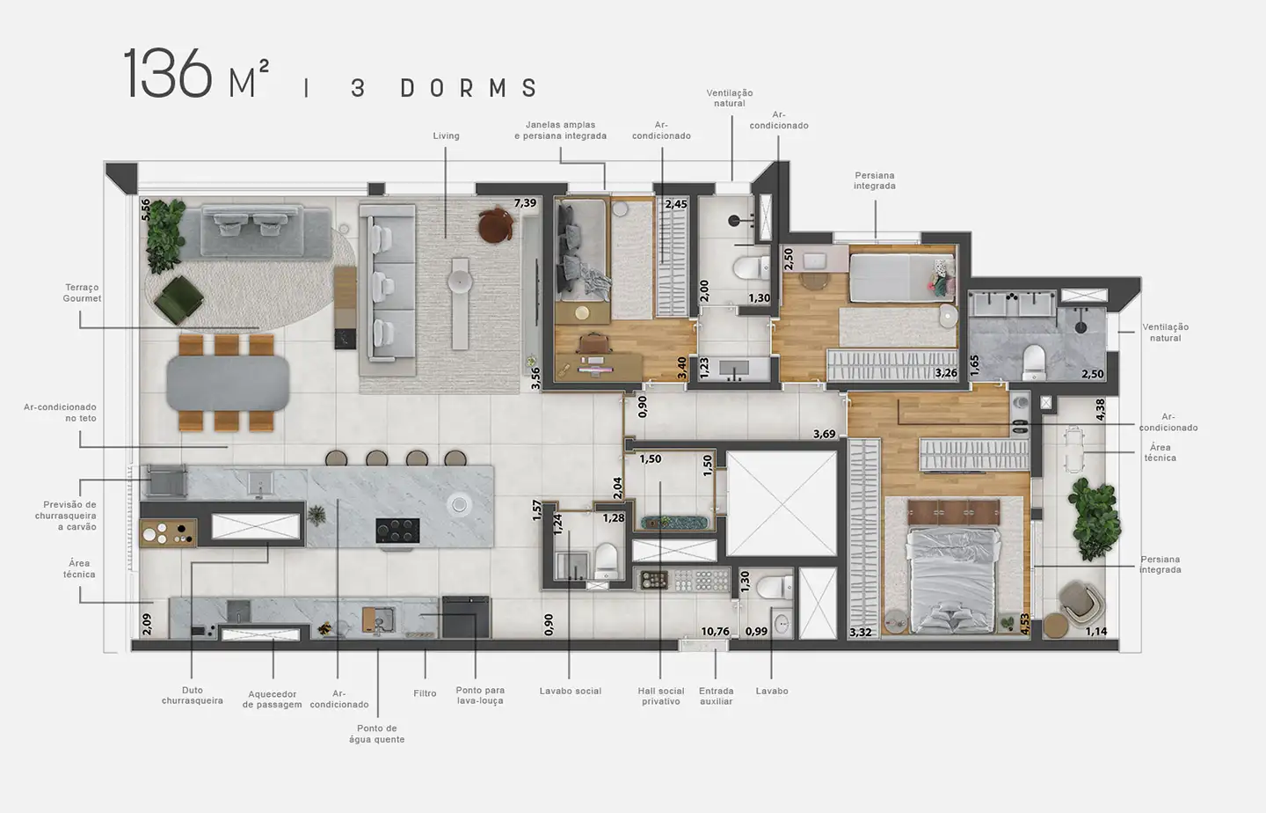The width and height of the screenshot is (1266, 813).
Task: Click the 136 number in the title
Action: point(168,74)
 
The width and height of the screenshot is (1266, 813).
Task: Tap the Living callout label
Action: point(446,136)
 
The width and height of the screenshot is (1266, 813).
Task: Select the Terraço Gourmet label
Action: point(82,293)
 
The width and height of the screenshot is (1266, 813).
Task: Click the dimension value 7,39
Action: point(525,203)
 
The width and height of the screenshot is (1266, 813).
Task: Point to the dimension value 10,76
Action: point(715,631)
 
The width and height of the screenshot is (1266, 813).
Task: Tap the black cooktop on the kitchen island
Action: point(397,530)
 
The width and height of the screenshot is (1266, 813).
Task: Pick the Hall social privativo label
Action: point(661,696)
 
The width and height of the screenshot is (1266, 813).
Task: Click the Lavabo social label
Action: point(571,692)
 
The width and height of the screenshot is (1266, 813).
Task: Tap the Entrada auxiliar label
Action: point(716,696)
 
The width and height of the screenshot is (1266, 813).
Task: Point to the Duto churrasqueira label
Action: point(193,696)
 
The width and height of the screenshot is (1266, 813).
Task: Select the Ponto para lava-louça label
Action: point(480,696)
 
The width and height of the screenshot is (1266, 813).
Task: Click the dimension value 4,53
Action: point(1024,623)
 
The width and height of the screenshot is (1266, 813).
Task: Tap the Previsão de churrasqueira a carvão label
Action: point(66,516)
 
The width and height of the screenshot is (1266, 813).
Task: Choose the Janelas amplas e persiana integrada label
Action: point(560,130)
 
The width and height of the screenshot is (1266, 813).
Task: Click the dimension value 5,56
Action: point(146,209)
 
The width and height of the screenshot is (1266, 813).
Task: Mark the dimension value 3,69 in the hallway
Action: point(824,434)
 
